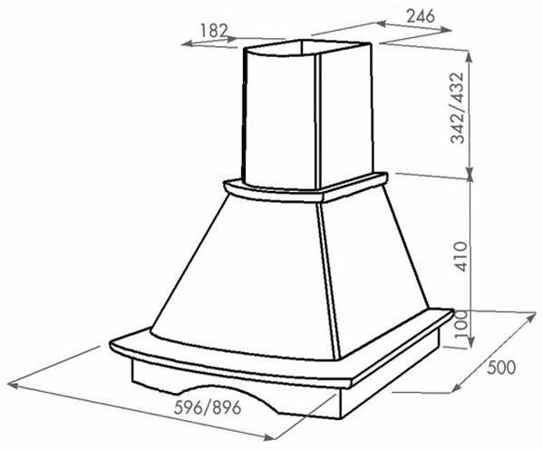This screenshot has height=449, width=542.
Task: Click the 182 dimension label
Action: pos(214,31)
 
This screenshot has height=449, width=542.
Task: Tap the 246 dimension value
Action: pos(421,16)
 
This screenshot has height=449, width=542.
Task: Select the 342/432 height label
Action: pos(459,108)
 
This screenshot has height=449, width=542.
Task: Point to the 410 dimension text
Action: pos(460,256)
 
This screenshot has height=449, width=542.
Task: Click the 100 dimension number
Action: pos(460,324)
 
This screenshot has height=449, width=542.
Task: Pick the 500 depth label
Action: pos(501,368)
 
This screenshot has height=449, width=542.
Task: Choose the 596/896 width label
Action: pos(208,408)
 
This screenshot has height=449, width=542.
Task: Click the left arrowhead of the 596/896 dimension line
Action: pos(13,385)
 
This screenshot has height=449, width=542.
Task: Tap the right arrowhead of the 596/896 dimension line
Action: pos(269,437)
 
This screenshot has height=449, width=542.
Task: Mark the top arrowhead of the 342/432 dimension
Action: pos(469,57)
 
